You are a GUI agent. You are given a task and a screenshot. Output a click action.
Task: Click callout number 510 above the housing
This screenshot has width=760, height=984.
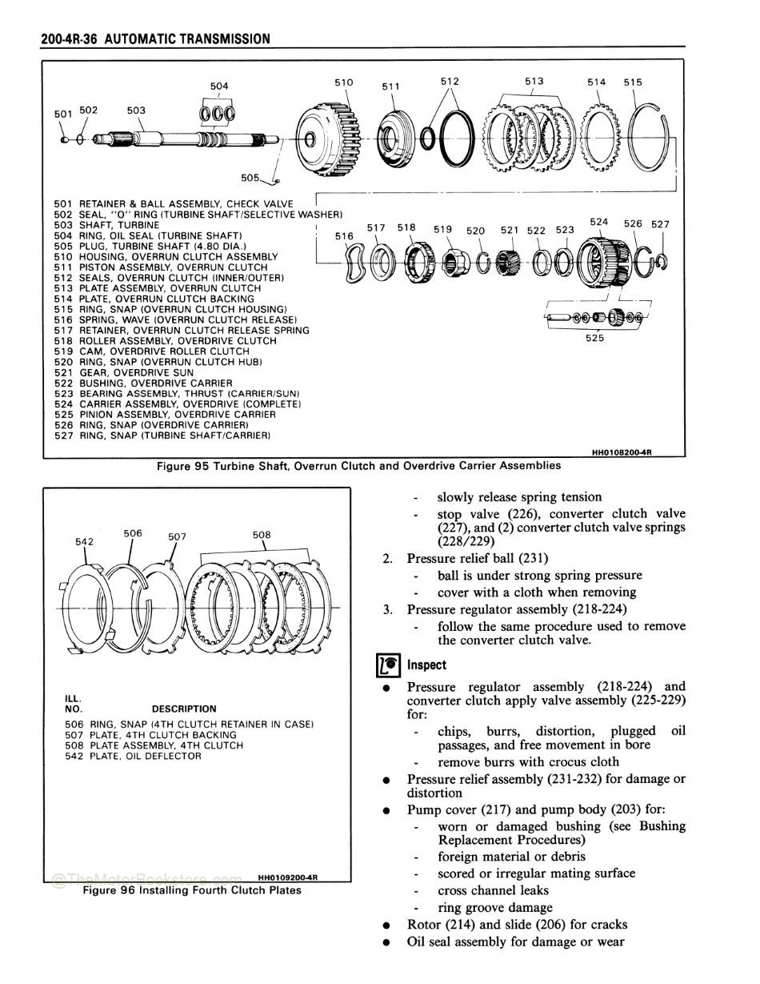click(x=344, y=82)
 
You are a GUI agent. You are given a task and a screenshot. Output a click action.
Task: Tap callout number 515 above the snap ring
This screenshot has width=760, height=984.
click(x=633, y=82)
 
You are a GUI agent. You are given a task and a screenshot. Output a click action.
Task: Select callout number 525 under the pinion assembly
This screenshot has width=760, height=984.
click(x=594, y=338)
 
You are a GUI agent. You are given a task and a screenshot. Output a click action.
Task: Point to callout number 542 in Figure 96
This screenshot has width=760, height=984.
click(x=84, y=541)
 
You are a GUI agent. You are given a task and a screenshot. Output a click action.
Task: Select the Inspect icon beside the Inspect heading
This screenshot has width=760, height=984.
click(x=388, y=666)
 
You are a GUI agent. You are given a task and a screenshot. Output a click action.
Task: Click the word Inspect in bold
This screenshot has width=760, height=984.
click(x=426, y=665)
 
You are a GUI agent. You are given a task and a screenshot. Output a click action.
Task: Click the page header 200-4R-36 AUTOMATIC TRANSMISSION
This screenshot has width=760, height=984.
click(x=155, y=38)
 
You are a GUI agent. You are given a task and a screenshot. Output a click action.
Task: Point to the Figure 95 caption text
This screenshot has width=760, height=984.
click(x=358, y=465)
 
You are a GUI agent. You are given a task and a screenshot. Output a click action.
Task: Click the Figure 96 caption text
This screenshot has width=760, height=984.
click(x=192, y=890)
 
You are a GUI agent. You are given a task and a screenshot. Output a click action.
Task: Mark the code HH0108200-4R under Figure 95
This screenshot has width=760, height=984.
click(x=622, y=452)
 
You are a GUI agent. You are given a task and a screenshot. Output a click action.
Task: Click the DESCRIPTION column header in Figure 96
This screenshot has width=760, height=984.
click(x=183, y=709)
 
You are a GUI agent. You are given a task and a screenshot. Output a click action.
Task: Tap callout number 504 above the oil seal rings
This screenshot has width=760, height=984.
click(x=218, y=86)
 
